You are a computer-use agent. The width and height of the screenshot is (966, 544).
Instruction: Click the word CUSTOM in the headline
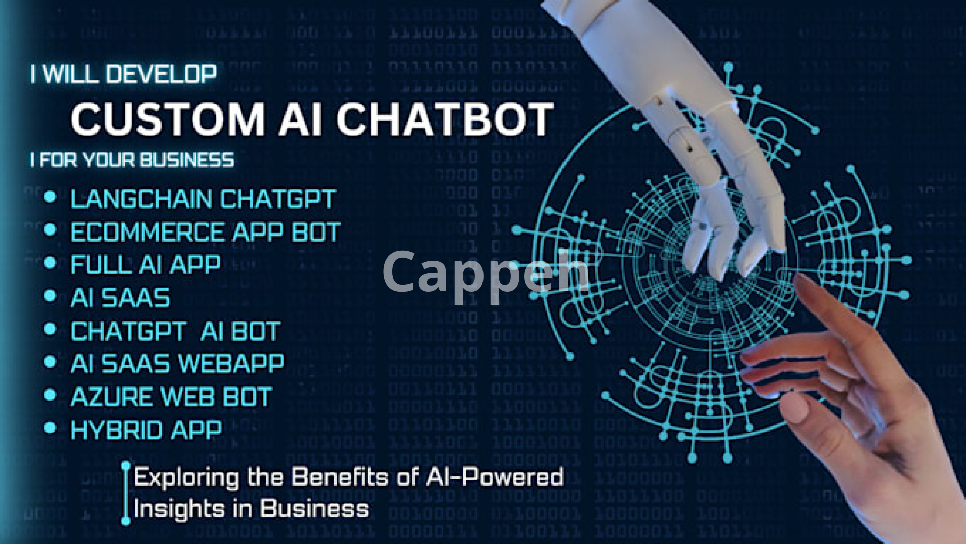pyautogui.click(x=168, y=119)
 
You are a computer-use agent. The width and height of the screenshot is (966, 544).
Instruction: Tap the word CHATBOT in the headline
pyautogui.click(x=445, y=119)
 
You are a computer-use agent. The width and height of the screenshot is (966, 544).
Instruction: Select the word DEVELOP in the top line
pyautogui.click(x=162, y=74)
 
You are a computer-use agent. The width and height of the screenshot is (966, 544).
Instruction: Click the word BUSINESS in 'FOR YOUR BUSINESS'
pyautogui.click(x=187, y=160)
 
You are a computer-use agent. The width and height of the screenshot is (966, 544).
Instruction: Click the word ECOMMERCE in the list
pyautogui.click(x=147, y=232)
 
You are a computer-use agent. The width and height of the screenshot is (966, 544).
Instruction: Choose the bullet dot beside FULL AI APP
pyautogui.click(x=50, y=262)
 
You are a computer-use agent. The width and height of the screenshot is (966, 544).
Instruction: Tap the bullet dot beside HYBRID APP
pyautogui.click(x=50, y=428)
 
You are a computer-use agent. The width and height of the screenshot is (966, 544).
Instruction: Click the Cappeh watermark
pyautogui.click(x=486, y=273)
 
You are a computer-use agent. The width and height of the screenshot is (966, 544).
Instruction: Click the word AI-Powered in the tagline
pyautogui.click(x=495, y=476)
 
